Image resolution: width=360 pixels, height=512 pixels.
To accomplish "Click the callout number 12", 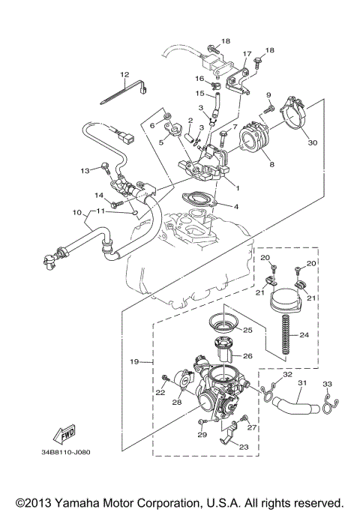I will pos(124,74).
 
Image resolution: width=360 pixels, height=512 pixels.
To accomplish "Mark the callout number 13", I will pos(85,170).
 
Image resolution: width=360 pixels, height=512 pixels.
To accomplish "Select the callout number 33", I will pos(326,385).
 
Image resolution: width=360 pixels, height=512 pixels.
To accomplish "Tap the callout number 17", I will pos(246,55).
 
